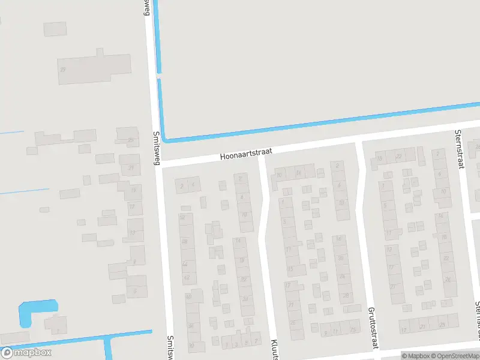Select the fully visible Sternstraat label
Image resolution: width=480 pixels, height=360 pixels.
point(459,148)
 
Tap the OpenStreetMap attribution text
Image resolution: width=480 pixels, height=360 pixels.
point(456,355)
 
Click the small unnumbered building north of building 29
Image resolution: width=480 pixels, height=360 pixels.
point(55,29)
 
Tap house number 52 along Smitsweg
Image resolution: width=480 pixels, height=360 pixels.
point(183,217)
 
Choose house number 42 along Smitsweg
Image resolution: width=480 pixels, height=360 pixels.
point(187,277)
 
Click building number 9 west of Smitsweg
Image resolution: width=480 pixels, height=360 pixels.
point(135,261)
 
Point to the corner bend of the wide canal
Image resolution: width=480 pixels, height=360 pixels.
point(166,139)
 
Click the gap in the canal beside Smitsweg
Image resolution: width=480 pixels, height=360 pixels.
point(159,76)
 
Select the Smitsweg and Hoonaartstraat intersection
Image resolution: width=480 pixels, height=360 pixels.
point(158,163)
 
